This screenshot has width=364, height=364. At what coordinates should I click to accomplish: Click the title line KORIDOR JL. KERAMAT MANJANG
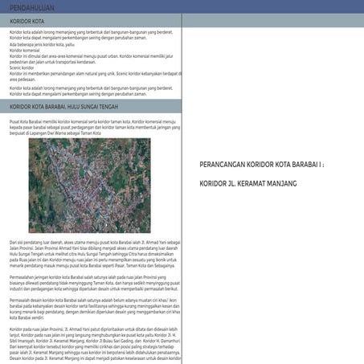[x=248, y=184]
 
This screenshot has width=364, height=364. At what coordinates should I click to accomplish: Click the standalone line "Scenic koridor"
[x=22, y=67]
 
